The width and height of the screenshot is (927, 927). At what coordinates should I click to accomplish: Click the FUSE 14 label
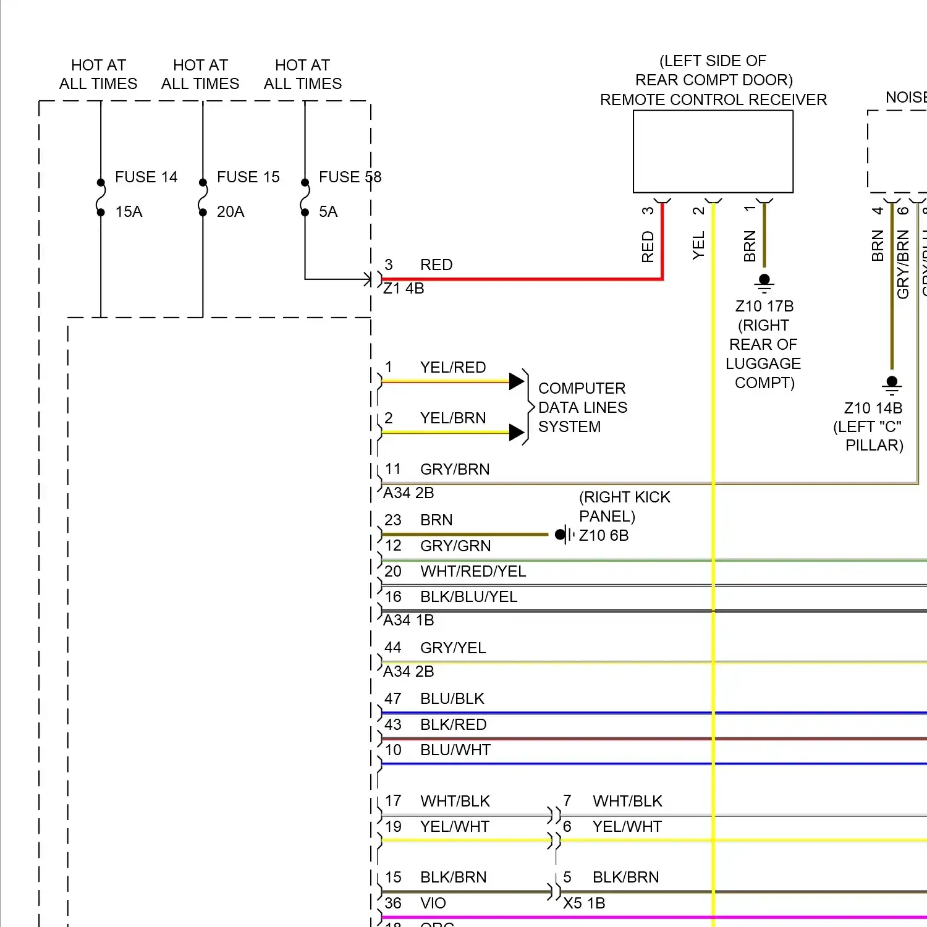tap(146, 177)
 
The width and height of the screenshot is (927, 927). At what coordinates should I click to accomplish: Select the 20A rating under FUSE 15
tap(231, 212)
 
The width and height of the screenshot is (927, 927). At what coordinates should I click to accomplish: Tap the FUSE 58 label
tap(350, 177)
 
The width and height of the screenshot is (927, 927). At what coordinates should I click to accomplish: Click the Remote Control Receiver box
tap(713, 151)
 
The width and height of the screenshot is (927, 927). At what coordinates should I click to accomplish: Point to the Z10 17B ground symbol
tap(764, 283)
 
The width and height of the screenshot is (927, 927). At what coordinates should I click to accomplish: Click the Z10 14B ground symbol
tap(892, 385)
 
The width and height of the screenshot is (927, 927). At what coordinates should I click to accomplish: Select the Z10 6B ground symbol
tap(563, 535)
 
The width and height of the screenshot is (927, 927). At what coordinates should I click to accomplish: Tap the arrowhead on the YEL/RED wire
tap(517, 381)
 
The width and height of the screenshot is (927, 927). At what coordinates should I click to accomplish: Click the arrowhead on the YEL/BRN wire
tap(517, 432)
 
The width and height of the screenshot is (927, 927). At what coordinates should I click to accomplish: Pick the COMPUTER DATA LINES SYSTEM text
tap(582, 407)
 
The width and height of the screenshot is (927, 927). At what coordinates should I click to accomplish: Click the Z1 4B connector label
tap(404, 289)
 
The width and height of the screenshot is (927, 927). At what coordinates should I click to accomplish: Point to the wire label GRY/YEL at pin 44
tap(453, 648)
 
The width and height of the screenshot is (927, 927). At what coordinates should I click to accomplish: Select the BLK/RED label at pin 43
tap(453, 724)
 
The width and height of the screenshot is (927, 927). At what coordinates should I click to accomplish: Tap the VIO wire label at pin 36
tap(433, 903)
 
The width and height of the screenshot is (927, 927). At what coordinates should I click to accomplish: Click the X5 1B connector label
tap(584, 903)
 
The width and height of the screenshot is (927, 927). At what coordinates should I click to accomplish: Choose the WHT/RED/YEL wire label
tap(473, 571)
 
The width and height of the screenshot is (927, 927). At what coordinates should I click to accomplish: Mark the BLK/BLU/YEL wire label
tap(468, 596)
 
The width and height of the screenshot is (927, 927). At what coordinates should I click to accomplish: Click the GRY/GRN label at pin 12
tap(455, 546)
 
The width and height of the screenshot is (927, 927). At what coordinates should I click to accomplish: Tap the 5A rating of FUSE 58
tap(328, 212)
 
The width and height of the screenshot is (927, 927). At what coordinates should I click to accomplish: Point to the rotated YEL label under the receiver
tap(698, 245)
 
